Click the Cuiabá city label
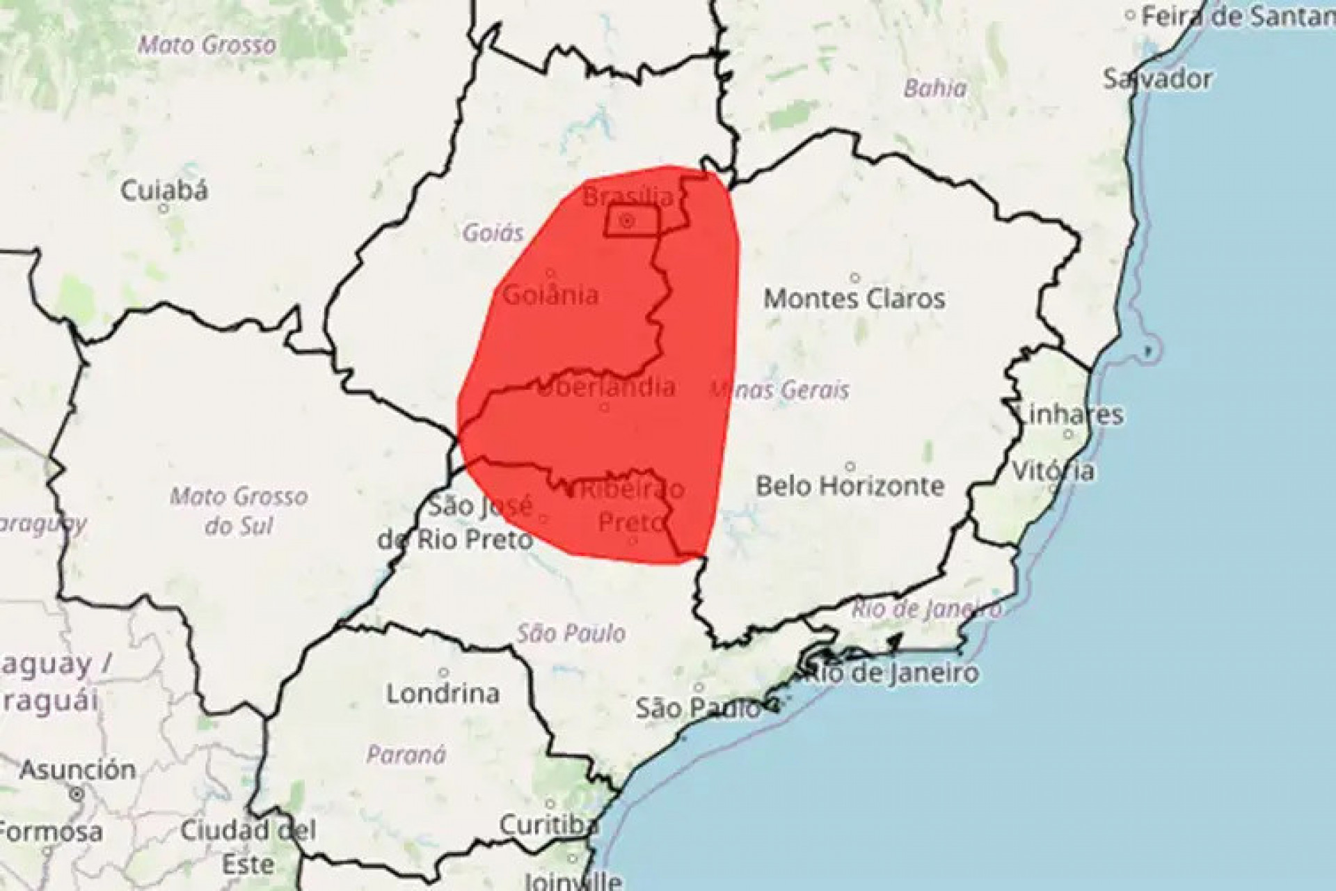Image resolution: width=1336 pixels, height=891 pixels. point(164,190)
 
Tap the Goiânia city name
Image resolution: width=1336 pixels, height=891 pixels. point(550,295)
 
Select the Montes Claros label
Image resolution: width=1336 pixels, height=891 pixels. point(854,299)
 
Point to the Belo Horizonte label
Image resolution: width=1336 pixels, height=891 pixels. point(850,485)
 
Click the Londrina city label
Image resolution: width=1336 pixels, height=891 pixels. point(443,693)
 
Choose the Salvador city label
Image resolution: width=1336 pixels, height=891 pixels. point(1156,79)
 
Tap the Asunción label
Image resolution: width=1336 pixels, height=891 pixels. point(77,770)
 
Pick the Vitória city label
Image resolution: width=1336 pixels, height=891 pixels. point(1052,471)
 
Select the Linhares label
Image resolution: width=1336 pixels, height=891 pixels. point(1069,414)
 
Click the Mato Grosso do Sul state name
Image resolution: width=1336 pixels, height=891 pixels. point(239,511)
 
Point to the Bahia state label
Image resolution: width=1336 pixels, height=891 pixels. point(935,88)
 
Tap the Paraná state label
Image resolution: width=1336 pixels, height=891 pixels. point(406,755)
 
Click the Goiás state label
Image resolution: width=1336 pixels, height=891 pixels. point(493,232)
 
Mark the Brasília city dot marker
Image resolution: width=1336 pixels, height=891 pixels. point(627,221)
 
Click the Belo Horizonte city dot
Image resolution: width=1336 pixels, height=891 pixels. point(850,466)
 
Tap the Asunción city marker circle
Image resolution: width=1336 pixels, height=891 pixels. point(77,794)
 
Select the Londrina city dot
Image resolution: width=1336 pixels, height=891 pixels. point(443,672)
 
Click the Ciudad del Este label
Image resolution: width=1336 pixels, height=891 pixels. point(248,846)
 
